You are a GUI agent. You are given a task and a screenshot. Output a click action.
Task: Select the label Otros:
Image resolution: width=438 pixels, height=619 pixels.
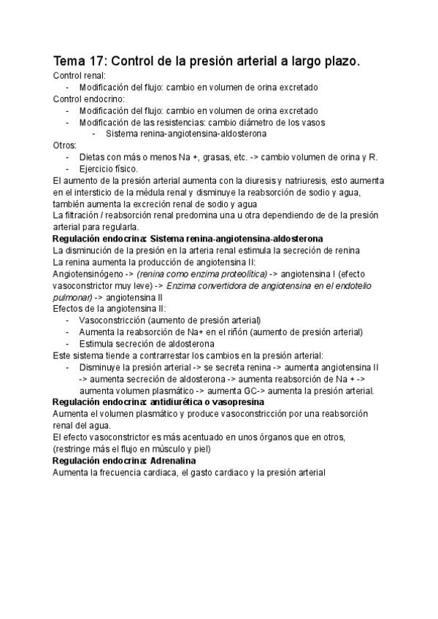point(65,145)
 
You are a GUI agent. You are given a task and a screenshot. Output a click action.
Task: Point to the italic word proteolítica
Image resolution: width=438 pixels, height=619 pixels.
point(240,274)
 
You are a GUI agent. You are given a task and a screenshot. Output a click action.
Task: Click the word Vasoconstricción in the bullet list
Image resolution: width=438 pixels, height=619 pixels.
point(113,320)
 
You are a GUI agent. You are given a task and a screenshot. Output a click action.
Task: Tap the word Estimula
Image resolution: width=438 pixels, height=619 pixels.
point(96,344)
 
